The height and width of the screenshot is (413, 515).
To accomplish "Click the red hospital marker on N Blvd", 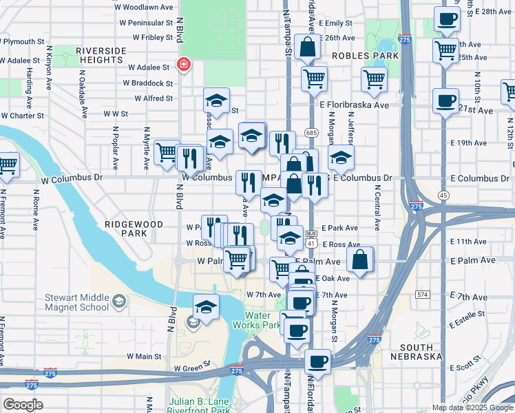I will [184, 65].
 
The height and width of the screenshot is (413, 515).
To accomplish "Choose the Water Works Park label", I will [262, 320].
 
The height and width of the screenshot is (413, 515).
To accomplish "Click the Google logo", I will [23, 405].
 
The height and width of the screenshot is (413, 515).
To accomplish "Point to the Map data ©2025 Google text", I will [472, 407].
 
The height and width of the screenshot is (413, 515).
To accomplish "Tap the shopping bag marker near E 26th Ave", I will [308, 48].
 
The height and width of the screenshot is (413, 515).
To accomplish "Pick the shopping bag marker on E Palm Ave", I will [360, 260].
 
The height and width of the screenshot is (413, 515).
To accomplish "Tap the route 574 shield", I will [422, 295].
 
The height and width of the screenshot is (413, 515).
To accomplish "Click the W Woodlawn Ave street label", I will [147, 7].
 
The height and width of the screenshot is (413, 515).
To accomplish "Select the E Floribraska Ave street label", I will [354, 105].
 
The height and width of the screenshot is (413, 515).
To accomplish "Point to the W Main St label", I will [144, 357].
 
